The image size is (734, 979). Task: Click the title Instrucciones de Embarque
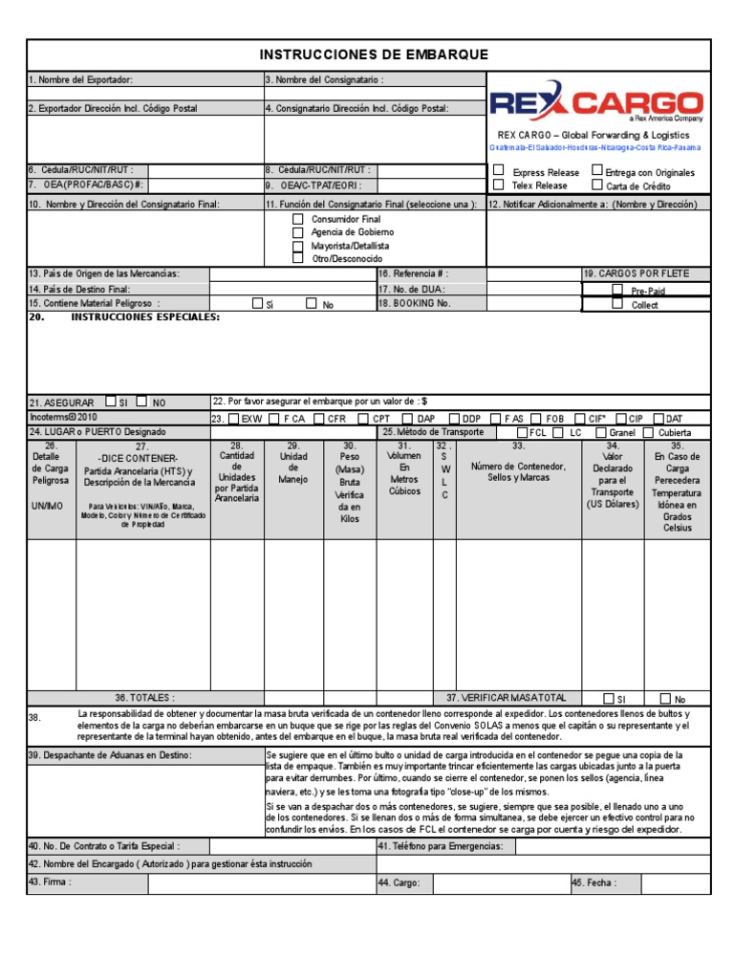tap(375, 55)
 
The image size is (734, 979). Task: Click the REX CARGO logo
tap(596, 103)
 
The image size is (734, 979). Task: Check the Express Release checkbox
tap(498, 171)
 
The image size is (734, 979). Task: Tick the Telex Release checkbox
tap(498, 185)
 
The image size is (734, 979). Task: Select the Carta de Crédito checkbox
tap(597, 185)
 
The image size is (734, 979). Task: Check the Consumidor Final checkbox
tap(298, 219)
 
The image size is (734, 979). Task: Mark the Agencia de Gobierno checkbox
tap(298, 232)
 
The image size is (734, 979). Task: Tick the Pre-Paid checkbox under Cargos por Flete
tap(617, 289)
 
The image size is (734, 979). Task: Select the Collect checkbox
tap(617, 304)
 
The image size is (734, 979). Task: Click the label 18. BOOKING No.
tap(414, 303)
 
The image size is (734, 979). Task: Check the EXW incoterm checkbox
tap(235, 418)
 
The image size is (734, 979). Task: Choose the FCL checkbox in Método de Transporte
tap(522, 432)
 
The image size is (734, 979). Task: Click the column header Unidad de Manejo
tap(293, 462)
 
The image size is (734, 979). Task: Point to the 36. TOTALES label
tap(145, 698)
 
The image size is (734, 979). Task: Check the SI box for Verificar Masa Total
tap(610, 698)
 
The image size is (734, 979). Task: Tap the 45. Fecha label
tap(594, 882)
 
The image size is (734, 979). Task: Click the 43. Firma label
tap(51, 881)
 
